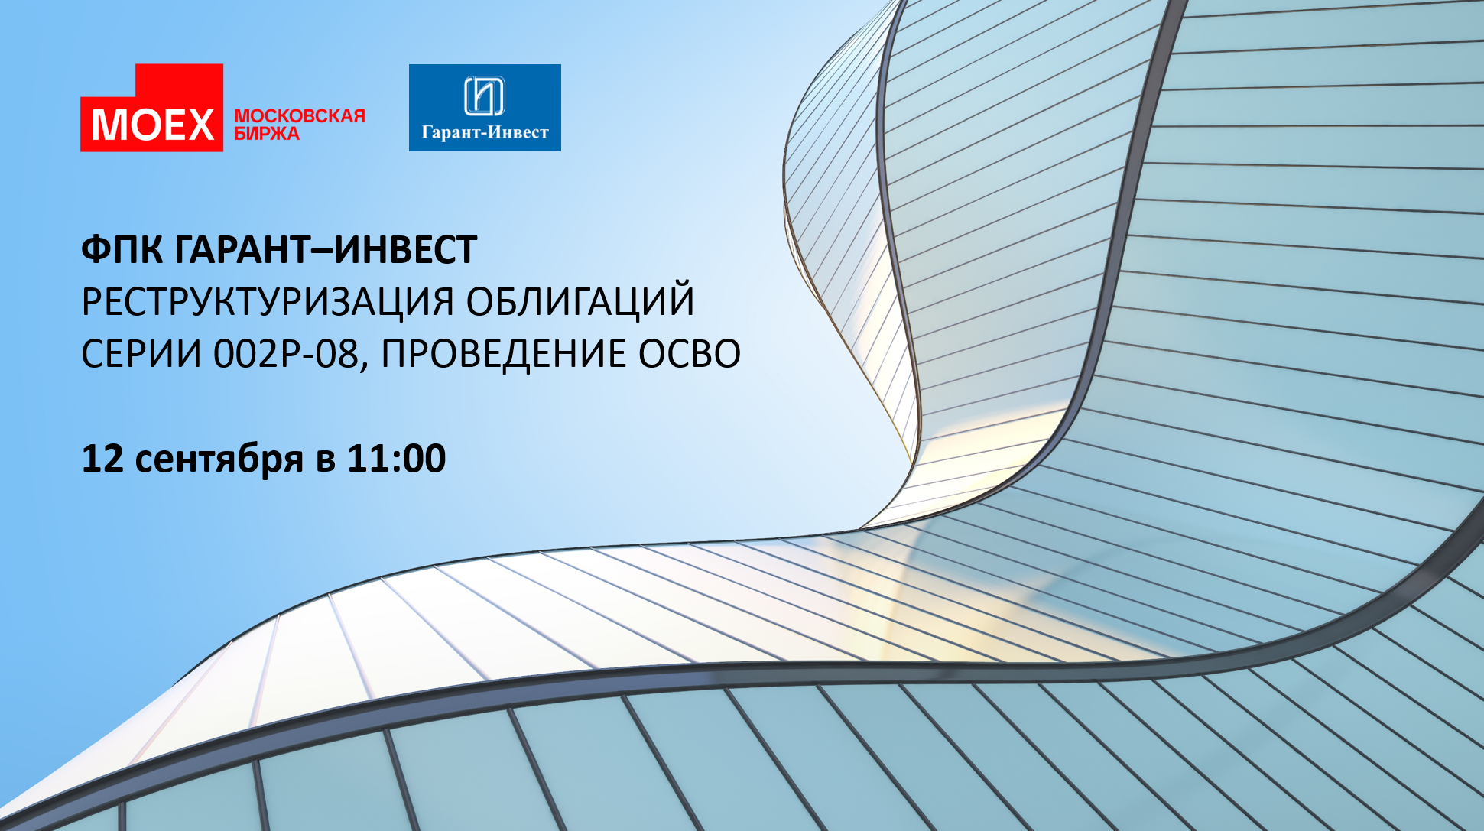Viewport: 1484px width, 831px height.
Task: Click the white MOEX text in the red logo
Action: [153, 125]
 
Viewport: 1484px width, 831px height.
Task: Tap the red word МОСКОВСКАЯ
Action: [300, 116]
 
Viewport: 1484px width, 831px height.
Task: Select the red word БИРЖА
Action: [267, 134]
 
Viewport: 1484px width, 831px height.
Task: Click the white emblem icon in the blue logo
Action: [485, 96]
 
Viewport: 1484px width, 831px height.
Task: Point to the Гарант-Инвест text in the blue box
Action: [485, 132]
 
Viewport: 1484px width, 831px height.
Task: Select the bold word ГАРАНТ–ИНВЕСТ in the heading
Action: [326, 249]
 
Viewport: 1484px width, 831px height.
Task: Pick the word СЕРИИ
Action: [141, 354]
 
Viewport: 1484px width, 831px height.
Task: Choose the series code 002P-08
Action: [285, 354]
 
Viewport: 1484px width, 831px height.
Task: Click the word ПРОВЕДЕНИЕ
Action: [502, 354]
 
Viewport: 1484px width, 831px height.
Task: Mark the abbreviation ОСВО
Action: [690, 354]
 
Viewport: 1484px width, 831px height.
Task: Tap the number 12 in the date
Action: [102, 458]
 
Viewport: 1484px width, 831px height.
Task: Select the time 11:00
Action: [396, 458]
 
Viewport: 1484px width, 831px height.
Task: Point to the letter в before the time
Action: [325, 462]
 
